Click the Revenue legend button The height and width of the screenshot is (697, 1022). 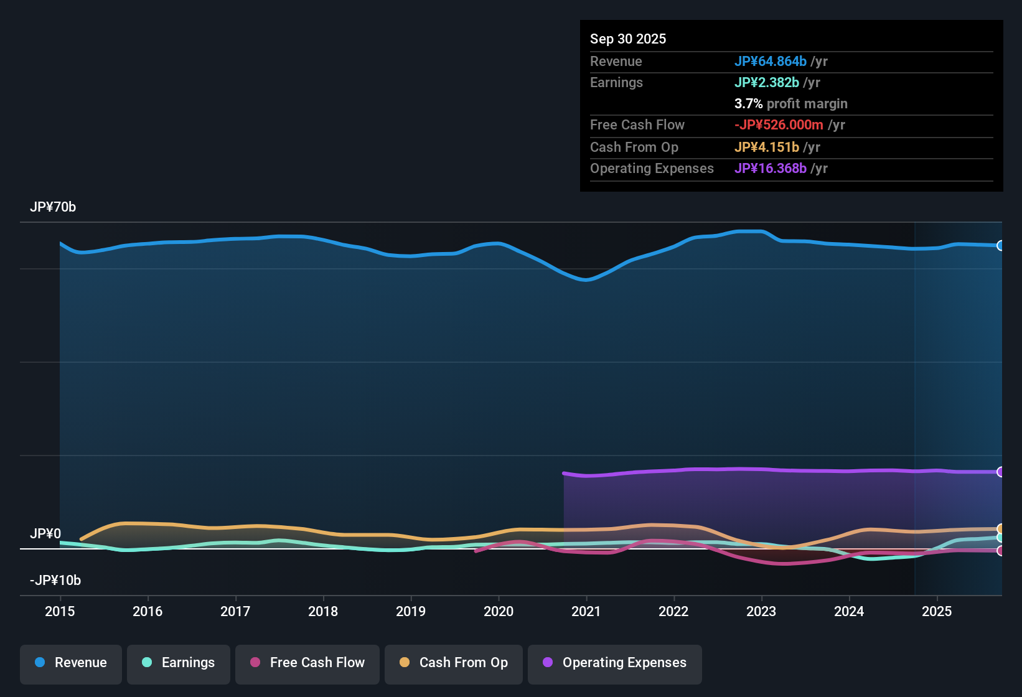click(71, 663)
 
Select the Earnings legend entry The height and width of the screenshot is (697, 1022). click(179, 663)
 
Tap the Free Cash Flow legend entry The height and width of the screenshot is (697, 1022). click(307, 663)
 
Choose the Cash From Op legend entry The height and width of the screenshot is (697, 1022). click(454, 663)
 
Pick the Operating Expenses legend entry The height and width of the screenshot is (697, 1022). click(615, 663)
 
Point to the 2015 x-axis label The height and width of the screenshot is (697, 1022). click(60, 611)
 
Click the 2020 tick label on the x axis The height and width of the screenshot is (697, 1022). click(499, 611)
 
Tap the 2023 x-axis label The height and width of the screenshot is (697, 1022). click(761, 611)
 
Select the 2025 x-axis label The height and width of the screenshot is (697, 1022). click(937, 611)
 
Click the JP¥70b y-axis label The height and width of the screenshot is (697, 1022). click(53, 207)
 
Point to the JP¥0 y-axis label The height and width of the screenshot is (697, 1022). click(45, 534)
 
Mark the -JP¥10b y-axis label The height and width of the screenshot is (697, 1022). click(55, 581)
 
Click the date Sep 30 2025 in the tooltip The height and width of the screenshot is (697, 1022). click(628, 39)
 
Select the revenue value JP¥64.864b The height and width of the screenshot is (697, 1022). click(771, 61)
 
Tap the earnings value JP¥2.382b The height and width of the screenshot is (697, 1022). click(767, 82)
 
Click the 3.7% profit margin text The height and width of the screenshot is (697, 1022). click(790, 103)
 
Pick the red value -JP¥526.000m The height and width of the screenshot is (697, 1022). click(779, 124)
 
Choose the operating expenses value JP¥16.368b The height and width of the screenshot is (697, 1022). click(771, 168)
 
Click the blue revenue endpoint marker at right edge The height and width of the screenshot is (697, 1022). click(1000, 246)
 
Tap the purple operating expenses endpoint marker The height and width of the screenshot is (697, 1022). click(1000, 472)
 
